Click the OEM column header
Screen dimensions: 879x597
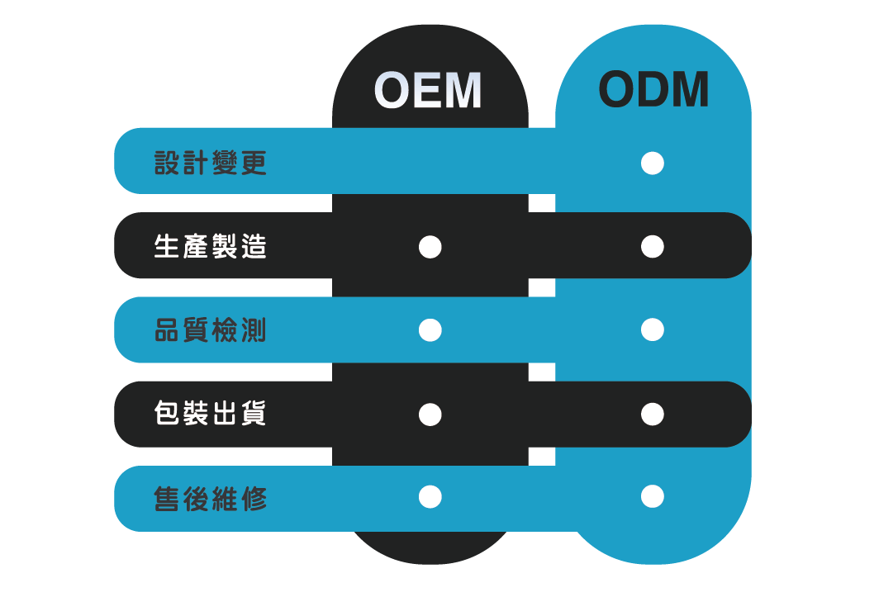point(428,90)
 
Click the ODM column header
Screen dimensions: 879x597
point(653,90)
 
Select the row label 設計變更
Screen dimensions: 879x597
point(210,163)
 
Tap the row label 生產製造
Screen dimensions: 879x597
point(210,247)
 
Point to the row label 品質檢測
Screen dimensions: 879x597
point(210,329)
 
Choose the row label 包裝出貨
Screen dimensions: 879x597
point(210,414)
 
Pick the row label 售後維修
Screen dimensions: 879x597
point(210,499)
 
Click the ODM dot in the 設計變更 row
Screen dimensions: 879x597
point(653,163)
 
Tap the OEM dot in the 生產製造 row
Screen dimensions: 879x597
point(430,247)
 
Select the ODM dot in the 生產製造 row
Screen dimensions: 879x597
point(653,247)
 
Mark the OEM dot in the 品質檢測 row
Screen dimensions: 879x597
point(430,330)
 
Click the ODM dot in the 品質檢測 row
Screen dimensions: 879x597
point(653,329)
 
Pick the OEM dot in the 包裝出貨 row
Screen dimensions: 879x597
point(430,415)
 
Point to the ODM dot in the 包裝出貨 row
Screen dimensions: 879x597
point(653,415)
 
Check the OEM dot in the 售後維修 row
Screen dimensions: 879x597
point(430,496)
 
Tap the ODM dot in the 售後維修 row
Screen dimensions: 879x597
point(653,496)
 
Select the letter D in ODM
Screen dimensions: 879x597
point(653,90)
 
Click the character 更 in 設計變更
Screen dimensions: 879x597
point(254,163)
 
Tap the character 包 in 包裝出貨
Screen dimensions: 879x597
point(167,414)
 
